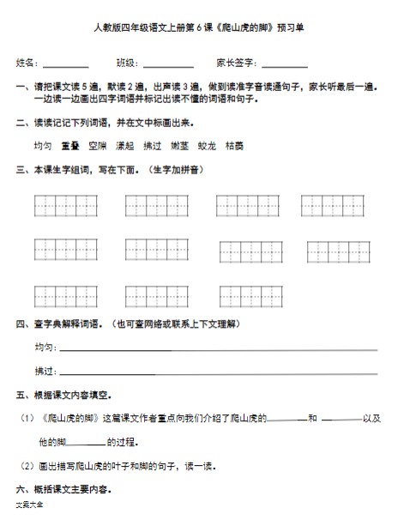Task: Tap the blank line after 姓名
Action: click(x=66, y=65)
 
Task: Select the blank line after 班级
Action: click(x=168, y=65)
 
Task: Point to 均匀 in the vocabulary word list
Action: click(x=43, y=147)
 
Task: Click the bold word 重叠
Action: click(x=70, y=147)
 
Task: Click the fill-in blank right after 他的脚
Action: click(x=87, y=444)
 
